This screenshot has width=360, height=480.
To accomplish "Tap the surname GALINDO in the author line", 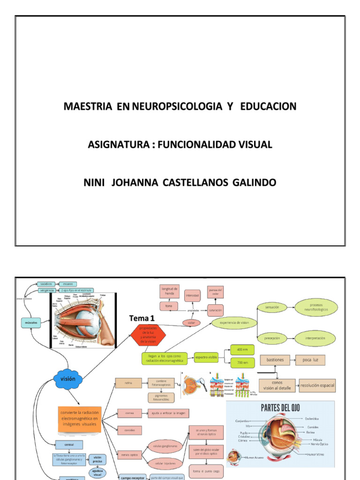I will point(254,182).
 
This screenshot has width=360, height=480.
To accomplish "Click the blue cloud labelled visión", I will point(68,379).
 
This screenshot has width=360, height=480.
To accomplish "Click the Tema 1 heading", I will point(142,318).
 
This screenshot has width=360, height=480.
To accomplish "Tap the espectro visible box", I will point(206,358).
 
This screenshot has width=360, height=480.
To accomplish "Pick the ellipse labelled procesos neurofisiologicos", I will point(315,307).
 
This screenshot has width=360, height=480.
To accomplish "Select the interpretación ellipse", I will point(315,337).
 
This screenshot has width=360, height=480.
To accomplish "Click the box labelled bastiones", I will point(275,360).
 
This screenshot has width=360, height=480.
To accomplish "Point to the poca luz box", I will point(310,360).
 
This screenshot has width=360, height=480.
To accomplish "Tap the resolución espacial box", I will point(317,385).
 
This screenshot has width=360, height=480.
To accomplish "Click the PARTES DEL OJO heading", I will point(280,407).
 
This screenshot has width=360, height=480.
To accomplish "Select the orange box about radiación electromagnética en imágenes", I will point(79,418).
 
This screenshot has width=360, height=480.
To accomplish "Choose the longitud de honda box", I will point(169,291).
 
